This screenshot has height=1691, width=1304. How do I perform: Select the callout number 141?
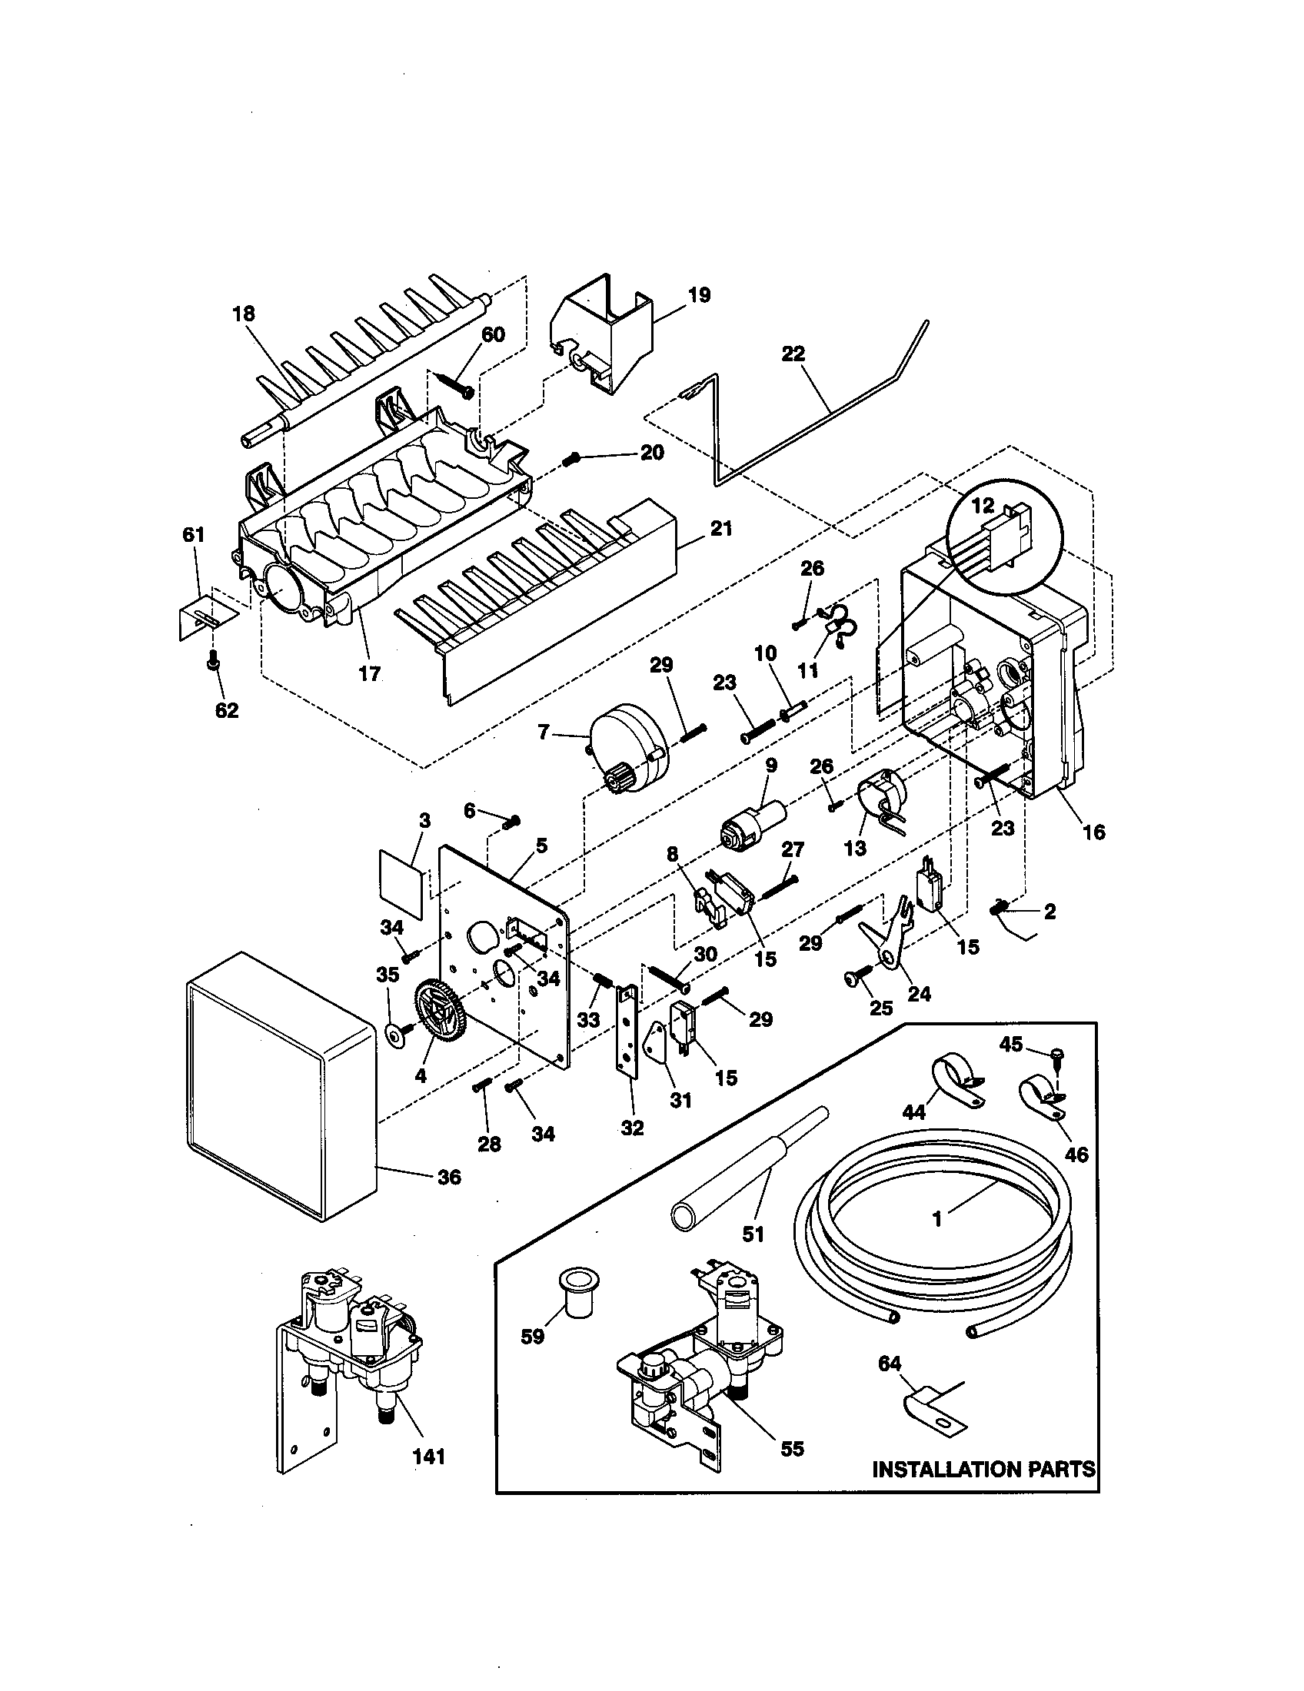point(429,1457)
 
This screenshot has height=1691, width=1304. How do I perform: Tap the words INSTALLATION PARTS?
point(983,1470)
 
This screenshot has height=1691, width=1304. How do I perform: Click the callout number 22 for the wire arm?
point(793,354)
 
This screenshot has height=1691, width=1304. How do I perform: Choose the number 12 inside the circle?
point(983,506)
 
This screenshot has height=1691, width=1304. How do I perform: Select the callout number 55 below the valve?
point(792,1449)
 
